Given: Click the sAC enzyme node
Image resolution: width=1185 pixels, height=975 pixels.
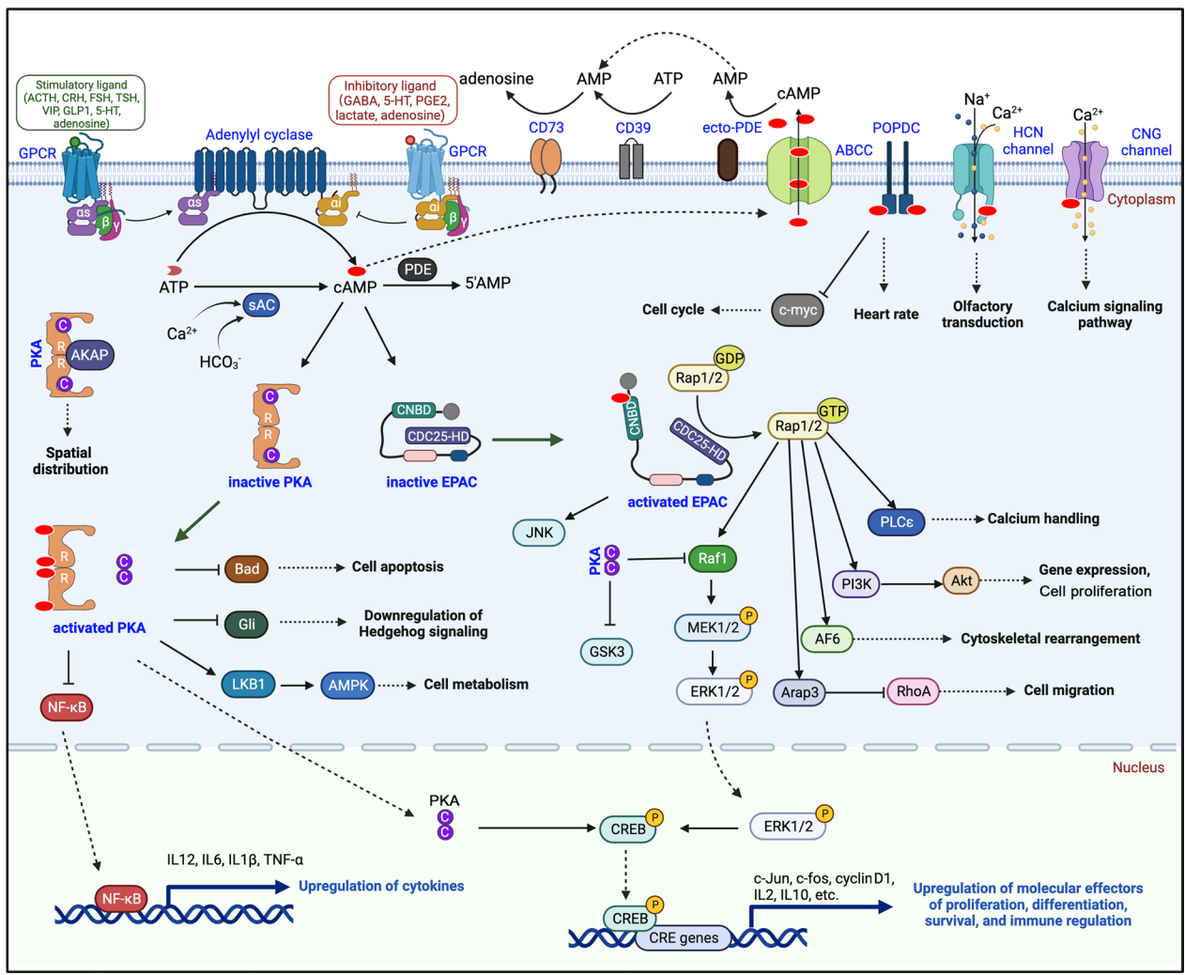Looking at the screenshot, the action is click(261, 304).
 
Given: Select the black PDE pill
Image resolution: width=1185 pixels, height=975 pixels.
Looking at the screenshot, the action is click(417, 270).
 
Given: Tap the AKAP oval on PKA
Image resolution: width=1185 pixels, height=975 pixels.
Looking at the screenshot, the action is click(89, 355).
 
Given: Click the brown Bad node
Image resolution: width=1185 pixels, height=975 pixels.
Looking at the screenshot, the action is click(247, 568).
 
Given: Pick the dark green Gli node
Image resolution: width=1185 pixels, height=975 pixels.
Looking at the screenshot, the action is click(247, 625).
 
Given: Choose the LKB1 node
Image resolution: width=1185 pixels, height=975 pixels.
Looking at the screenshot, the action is click(248, 684).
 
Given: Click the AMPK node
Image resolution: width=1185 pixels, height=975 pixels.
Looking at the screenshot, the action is click(347, 685).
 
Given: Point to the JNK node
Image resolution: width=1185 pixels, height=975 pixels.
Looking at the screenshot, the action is click(539, 533).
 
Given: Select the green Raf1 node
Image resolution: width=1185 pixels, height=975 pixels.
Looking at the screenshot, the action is click(712, 558).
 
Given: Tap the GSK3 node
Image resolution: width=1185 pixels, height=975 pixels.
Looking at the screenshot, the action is click(607, 651).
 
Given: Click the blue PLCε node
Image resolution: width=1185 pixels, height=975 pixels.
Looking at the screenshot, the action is click(896, 522).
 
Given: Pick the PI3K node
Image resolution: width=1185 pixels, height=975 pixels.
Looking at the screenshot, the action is click(855, 584).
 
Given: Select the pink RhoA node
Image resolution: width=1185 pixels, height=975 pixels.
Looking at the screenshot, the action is click(913, 690).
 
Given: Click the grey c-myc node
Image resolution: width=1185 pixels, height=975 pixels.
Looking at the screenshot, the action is click(797, 310).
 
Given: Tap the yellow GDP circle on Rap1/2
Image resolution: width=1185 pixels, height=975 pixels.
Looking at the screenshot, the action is click(729, 358).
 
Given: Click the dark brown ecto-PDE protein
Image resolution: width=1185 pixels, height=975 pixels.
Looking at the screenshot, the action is click(728, 160).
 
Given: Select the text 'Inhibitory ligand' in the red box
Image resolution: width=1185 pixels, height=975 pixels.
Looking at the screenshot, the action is click(390, 86).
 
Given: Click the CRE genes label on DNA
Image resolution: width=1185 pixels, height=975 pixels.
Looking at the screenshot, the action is click(684, 937).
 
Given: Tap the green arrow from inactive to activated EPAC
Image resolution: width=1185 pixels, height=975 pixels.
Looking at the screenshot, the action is click(528, 440).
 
